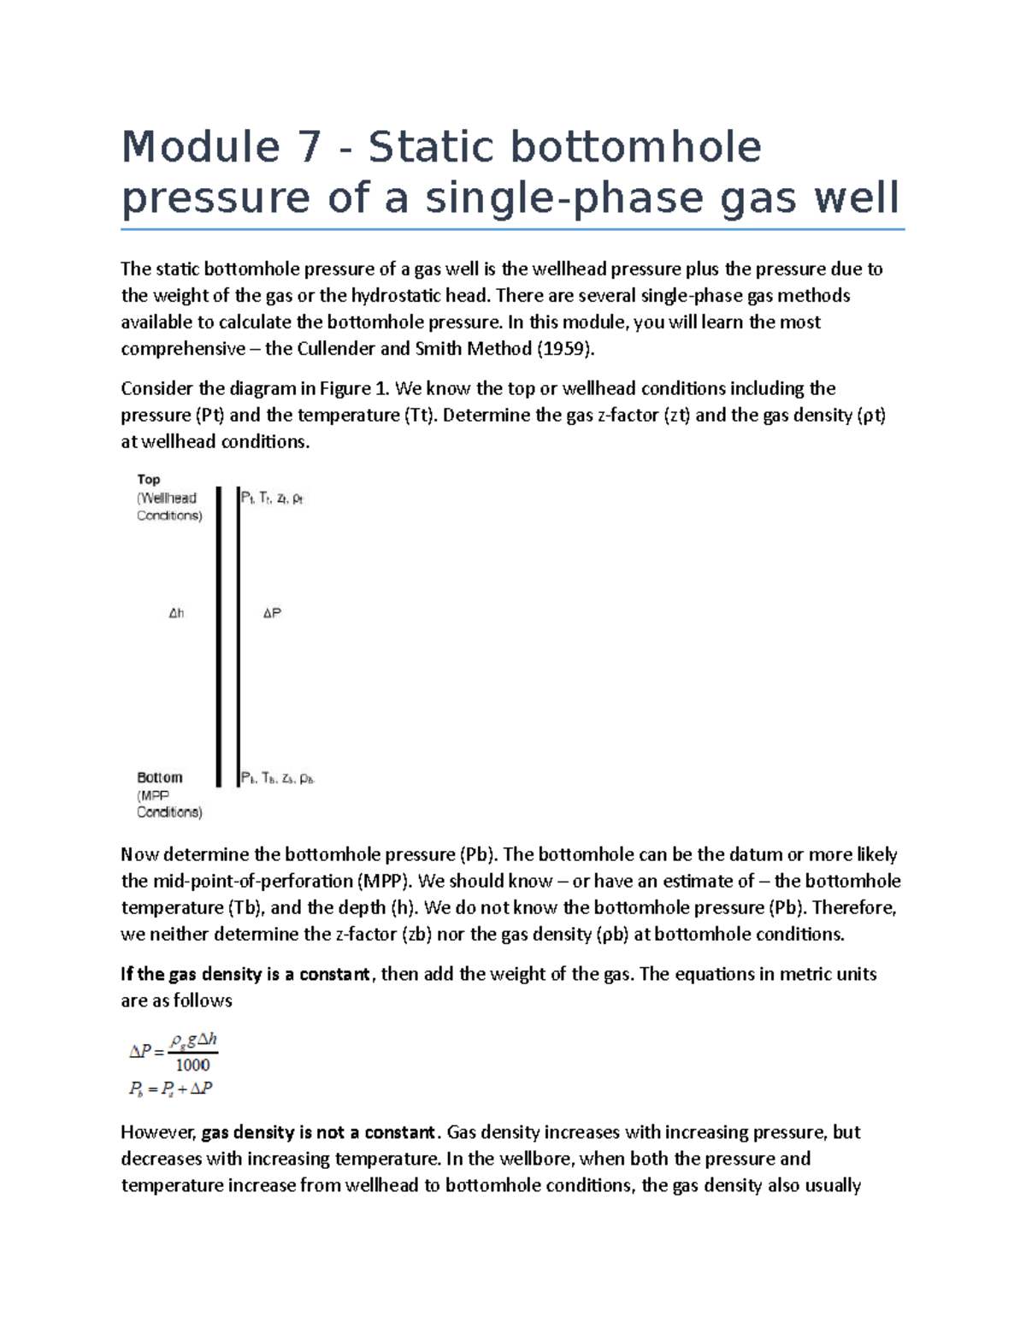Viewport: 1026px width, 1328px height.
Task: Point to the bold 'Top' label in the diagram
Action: point(149,480)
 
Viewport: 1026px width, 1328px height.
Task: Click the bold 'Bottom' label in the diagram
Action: point(160,777)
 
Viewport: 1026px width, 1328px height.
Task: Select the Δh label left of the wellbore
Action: point(176,613)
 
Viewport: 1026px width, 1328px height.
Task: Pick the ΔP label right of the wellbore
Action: point(272,613)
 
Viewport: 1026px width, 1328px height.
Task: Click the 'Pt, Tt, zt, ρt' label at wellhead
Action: point(272,498)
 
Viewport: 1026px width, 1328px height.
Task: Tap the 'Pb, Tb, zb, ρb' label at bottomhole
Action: point(278,778)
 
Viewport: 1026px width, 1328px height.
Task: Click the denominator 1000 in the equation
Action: point(192,1065)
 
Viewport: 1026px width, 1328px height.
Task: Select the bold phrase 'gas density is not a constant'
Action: point(318,1133)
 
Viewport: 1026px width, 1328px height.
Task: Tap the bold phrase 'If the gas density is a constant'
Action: point(245,974)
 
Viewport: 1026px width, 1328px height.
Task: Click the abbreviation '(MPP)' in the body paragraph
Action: point(385,882)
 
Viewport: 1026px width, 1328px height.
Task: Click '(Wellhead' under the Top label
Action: point(167,498)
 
